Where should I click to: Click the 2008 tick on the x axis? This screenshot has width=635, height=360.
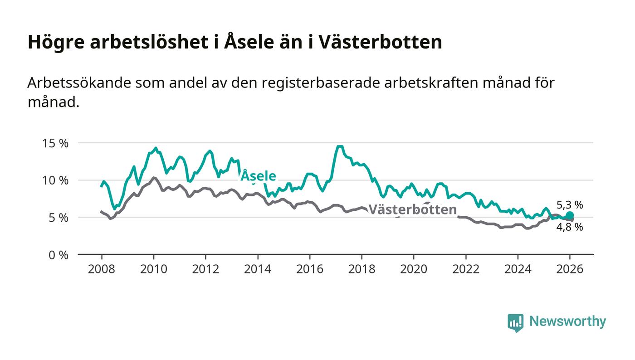(102, 269)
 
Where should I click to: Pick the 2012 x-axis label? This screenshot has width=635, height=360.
(205, 269)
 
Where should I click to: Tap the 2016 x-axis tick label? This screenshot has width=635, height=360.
(310, 269)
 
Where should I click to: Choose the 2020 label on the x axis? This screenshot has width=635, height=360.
(414, 269)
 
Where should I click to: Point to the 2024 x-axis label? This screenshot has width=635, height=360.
(518, 269)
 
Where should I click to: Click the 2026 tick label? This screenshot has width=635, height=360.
(570, 269)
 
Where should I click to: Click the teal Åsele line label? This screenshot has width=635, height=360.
(258, 176)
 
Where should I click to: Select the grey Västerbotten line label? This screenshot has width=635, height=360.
(412, 209)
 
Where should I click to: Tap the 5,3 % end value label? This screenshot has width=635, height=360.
(570, 205)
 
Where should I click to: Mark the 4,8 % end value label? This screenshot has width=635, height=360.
(570, 227)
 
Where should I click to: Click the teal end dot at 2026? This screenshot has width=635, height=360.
(570, 215)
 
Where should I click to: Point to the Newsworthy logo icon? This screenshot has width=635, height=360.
(515, 322)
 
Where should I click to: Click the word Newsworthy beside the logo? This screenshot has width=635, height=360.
(567, 321)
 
